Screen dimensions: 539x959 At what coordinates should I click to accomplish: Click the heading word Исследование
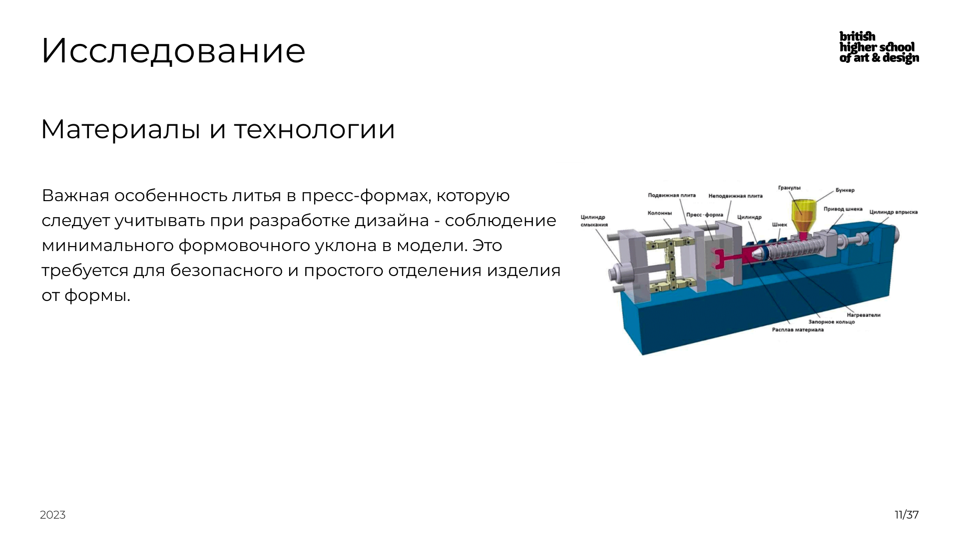pyautogui.click(x=173, y=51)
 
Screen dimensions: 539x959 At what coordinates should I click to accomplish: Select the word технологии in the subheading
pyautogui.click(x=314, y=129)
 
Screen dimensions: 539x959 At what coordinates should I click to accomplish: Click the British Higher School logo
pyautogui.click(x=879, y=47)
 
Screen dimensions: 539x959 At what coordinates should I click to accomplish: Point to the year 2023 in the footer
pyautogui.click(x=52, y=515)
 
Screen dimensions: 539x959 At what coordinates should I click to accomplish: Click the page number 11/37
pyautogui.click(x=906, y=515)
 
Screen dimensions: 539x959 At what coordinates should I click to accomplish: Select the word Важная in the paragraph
pyautogui.click(x=75, y=196)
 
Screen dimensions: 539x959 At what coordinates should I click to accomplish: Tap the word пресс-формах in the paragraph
pyautogui.click(x=365, y=196)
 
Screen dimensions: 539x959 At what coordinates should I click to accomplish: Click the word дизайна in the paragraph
pyautogui.click(x=391, y=221)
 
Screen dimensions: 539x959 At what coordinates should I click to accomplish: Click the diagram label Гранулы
pyautogui.click(x=789, y=188)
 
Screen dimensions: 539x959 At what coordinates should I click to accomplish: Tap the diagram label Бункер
pyautogui.click(x=845, y=190)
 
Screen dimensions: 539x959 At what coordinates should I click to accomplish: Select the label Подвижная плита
pyautogui.click(x=671, y=195)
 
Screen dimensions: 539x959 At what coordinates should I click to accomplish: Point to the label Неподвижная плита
pyautogui.click(x=735, y=196)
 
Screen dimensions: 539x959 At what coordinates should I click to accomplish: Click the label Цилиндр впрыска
pyautogui.click(x=893, y=212)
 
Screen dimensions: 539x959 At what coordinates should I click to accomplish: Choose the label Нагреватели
pyautogui.click(x=863, y=315)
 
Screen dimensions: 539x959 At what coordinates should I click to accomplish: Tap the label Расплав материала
pyautogui.click(x=797, y=330)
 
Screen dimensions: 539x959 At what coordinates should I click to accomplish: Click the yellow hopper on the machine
pyautogui.click(x=804, y=215)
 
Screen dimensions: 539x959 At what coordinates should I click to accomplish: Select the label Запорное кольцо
pyautogui.click(x=831, y=322)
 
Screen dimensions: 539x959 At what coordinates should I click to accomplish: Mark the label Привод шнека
pyautogui.click(x=843, y=209)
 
